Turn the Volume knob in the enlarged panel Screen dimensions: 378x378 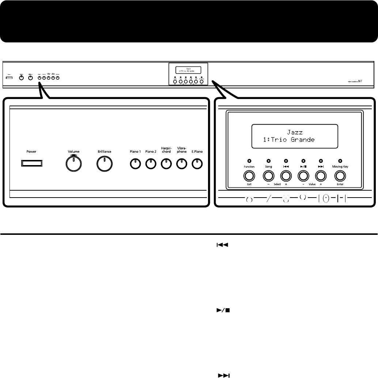[73, 165]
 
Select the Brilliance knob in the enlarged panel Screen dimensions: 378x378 [104, 165]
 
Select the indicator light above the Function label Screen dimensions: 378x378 [250, 160]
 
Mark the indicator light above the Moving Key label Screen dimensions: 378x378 [340, 160]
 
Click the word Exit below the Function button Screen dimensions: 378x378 [250, 185]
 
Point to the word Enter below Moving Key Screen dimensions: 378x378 [340, 185]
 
